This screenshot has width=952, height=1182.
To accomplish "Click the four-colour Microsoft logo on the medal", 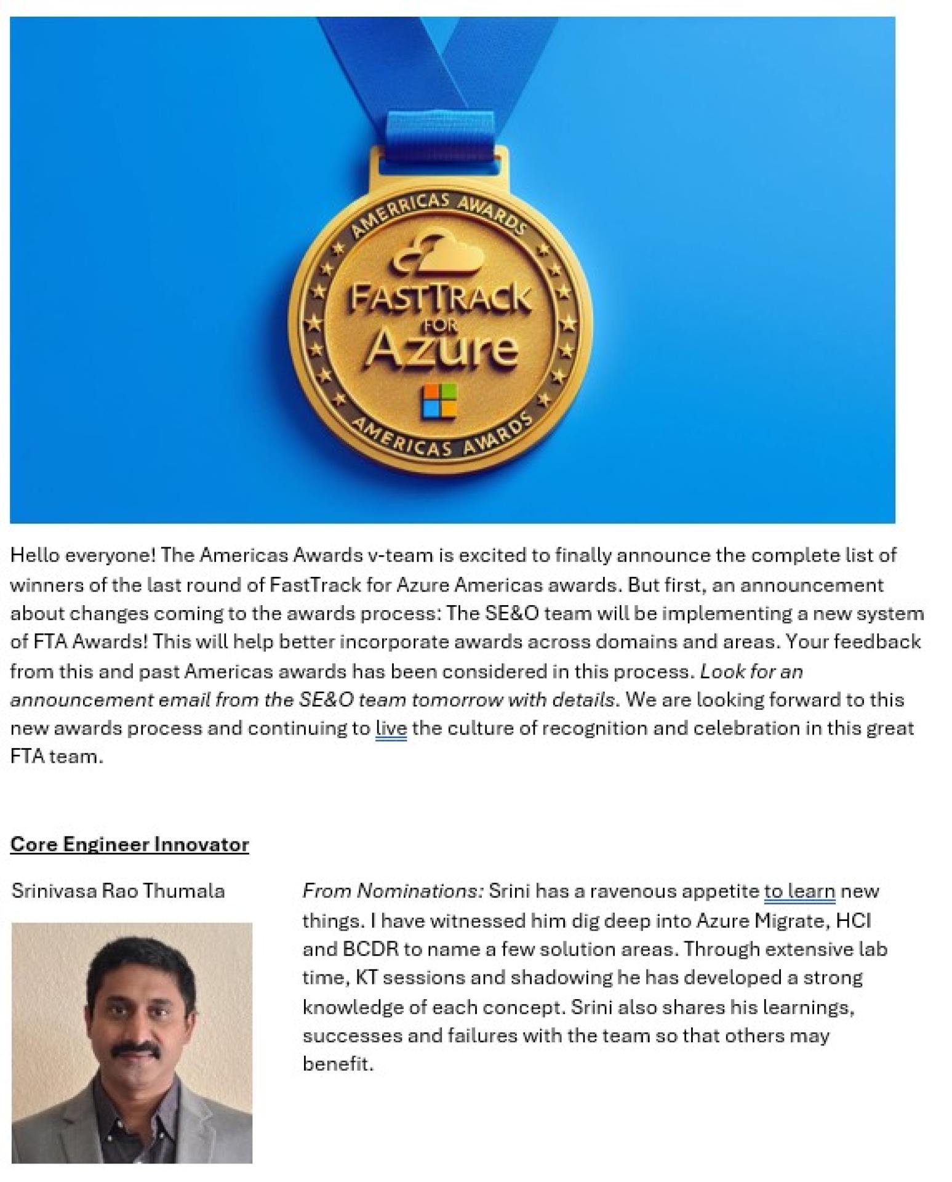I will pos(439,401).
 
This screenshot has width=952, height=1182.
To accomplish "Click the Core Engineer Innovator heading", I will pos(129,843).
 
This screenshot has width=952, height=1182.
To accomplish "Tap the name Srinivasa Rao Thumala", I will pos(118,890).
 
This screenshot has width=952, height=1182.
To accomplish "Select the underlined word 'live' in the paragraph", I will pos(391,728).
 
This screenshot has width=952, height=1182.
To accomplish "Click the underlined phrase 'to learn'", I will pos(799,891).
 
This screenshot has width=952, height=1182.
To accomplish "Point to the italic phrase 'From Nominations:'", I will pos(393,891).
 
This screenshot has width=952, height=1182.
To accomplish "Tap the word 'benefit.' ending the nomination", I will pos(338,1064).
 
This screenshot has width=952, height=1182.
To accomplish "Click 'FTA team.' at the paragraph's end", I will pos(56,757).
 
